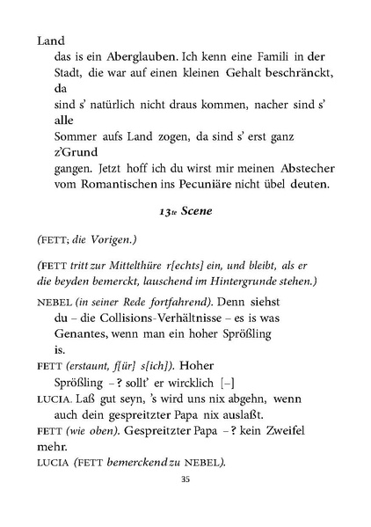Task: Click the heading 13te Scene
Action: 185,213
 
